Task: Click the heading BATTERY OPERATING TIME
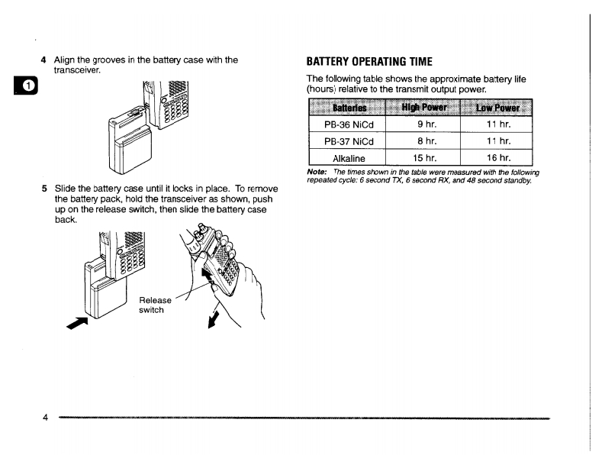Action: (368, 61)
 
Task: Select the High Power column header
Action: (424, 108)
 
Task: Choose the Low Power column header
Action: (497, 108)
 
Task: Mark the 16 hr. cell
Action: (497, 159)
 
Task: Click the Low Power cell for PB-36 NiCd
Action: (497, 124)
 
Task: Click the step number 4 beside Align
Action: (44, 60)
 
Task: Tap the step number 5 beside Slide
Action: (44, 189)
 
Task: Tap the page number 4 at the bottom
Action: (45, 418)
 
